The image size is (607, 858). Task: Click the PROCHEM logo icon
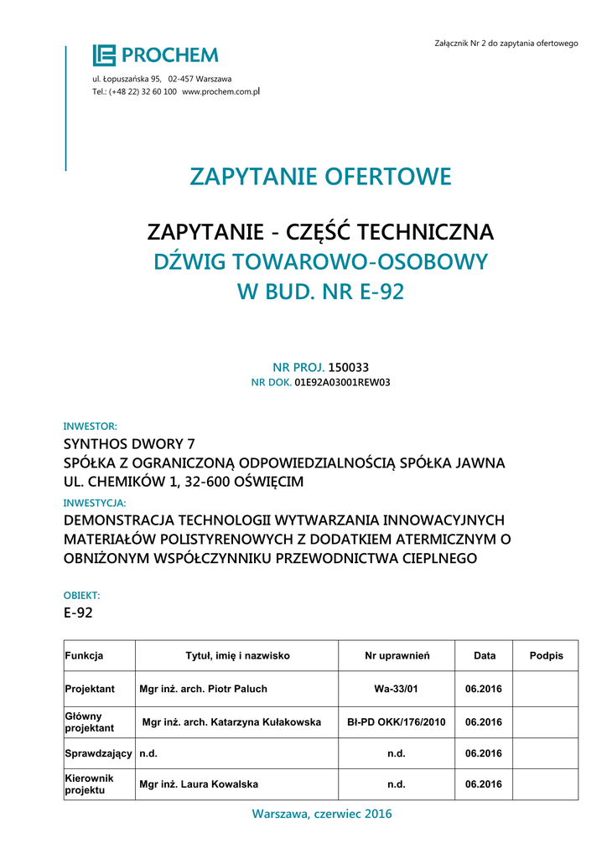click(104, 55)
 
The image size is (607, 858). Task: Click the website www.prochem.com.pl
click(221, 90)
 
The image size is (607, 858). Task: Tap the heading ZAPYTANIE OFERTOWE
click(320, 177)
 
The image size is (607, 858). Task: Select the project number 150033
click(348, 367)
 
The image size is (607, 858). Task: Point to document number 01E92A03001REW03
click(342, 382)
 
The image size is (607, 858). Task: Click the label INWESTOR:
click(91, 426)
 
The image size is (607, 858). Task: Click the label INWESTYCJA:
click(95, 503)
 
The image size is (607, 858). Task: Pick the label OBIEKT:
click(82, 595)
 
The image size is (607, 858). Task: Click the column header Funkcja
click(84, 656)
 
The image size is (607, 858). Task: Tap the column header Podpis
click(547, 656)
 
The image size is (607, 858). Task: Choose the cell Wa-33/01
click(397, 689)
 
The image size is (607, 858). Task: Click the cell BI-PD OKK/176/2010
click(397, 721)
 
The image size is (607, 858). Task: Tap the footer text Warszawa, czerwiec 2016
click(321, 814)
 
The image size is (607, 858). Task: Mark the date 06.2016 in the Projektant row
click(483, 689)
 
